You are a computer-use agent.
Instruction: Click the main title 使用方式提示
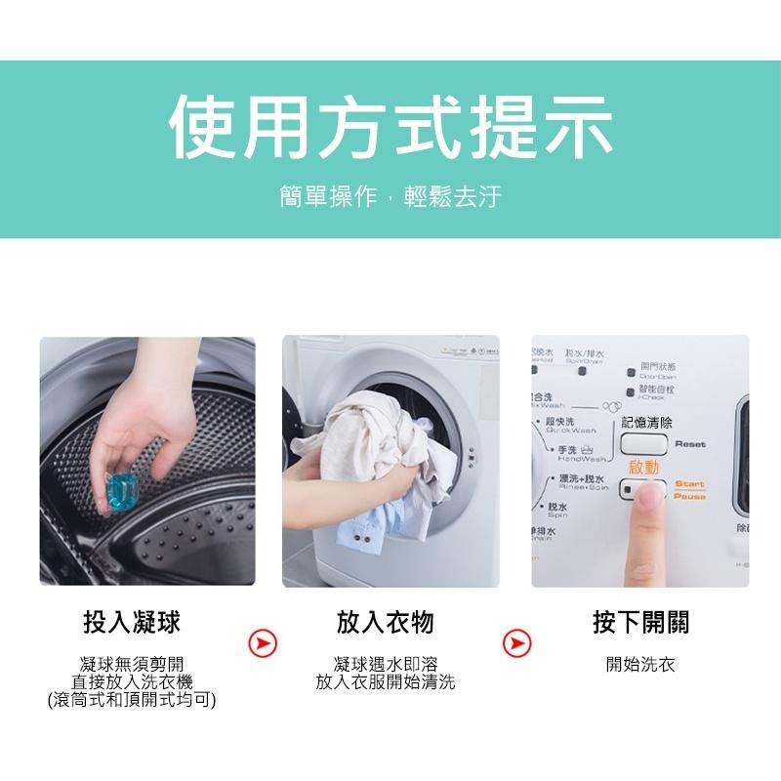pos(390,128)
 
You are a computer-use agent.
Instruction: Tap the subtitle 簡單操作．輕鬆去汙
pos(390,196)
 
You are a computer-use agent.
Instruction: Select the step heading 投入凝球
pos(132,623)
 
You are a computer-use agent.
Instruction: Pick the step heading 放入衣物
pos(385,623)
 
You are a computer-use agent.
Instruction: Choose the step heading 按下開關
pos(639,623)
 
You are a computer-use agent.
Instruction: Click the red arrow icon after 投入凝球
pos(262,643)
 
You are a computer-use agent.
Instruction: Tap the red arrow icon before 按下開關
pos(516,643)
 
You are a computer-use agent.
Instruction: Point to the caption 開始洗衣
pos(639,665)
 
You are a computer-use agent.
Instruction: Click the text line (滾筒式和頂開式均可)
pos(132,700)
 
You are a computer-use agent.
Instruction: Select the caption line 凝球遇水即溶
pos(385,665)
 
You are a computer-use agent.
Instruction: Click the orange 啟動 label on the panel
pos(645,468)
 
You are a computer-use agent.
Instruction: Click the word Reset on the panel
pos(689,444)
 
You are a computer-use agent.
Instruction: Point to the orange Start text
pos(689,484)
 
